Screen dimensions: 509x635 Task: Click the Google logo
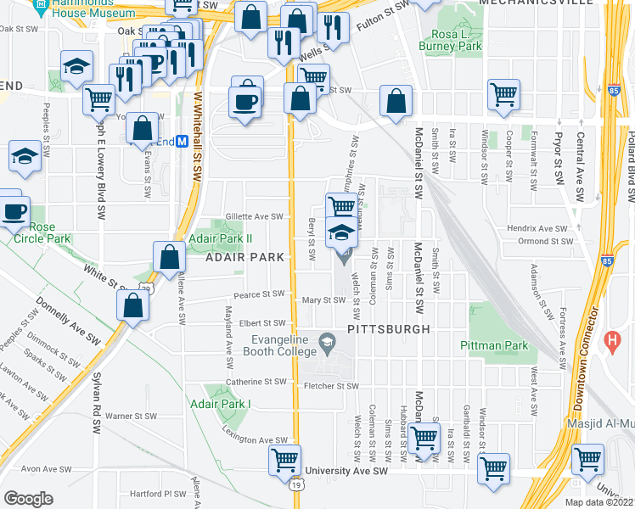pyautogui.click(x=28, y=498)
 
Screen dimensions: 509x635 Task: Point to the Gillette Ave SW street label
pyautogui.click(x=253, y=216)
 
